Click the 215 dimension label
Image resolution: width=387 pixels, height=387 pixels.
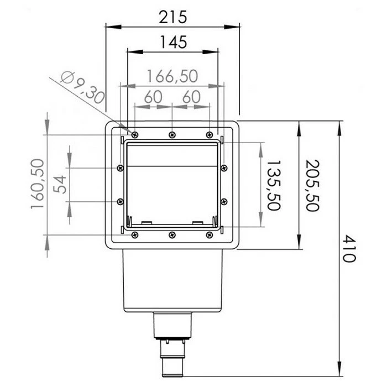[x=173, y=17]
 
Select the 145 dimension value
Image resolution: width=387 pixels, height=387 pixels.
[x=173, y=41]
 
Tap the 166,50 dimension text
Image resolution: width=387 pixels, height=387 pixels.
[x=172, y=76]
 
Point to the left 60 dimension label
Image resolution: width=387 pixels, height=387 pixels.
[x=153, y=97]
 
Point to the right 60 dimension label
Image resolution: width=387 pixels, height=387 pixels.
[x=191, y=97]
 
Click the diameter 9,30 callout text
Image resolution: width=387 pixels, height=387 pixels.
[x=82, y=88]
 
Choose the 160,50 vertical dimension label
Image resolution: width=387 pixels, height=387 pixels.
[x=38, y=183]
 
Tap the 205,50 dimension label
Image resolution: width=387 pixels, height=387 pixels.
[x=313, y=185]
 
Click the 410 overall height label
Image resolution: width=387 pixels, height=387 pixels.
[x=347, y=249]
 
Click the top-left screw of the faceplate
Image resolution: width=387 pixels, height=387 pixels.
[x=134, y=134]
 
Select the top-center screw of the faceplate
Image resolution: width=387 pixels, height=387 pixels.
[x=172, y=134]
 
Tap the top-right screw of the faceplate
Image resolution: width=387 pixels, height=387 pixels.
[x=209, y=134]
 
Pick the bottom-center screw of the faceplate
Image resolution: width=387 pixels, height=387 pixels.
[x=172, y=235]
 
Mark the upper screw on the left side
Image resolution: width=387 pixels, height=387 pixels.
[x=120, y=168]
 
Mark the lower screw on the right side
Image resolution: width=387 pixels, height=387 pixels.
[x=224, y=201]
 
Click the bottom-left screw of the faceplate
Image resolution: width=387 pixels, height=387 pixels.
[x=134, y=235]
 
